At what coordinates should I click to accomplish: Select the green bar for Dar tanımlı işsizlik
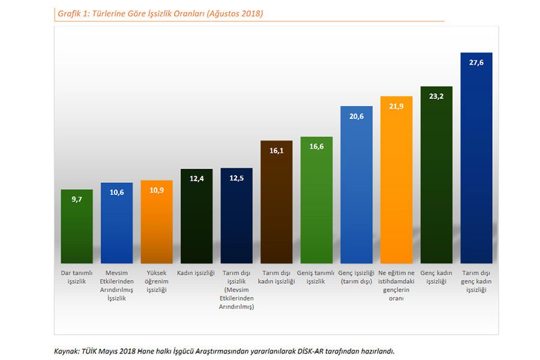[x=77, y=228]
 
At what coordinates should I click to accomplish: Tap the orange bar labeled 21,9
[x=396, y=180]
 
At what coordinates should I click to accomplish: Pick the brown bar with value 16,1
[x=277, y=204]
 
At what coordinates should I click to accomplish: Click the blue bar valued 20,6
[x=356, y=186]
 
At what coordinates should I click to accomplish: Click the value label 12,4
[x=196, y=178]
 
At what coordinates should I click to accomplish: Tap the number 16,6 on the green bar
[x=316, y=146]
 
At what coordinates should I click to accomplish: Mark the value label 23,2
[x=436, y=96]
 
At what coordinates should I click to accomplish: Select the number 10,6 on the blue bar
[x=116, y=192]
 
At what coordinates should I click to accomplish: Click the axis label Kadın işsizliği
[x=196, y=273]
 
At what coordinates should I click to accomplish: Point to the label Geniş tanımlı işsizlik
[x=316, y=277]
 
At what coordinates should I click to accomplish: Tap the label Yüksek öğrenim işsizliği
[x=157, y=281]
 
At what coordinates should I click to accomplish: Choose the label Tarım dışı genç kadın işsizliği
[x=476, y=281]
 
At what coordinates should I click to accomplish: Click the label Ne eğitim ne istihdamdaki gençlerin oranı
[x=396, y=286]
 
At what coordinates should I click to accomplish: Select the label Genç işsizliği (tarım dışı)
[x=356, y=277]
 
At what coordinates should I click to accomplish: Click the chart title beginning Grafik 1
[x=160, y=13]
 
